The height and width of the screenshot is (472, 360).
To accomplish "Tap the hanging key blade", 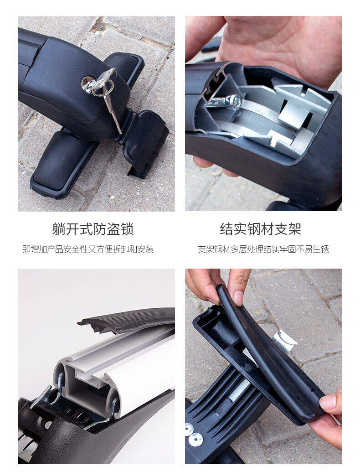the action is click(x=113, y=112).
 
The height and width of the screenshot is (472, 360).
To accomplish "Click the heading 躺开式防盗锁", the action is click(x=93, y=229).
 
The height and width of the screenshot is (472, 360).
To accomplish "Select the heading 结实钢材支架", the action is click(x=260, y=229).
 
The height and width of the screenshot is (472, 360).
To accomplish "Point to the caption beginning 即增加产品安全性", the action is click(x=88, y=249).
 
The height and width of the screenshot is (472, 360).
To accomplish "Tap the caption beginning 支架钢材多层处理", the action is click(x=263, y=249).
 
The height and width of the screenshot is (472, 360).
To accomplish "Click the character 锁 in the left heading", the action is click(x=127, y=229).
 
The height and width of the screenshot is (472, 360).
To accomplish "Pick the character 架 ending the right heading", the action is click(x=294, y=229).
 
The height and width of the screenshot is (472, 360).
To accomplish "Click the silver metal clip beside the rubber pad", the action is click(x=284, y=341).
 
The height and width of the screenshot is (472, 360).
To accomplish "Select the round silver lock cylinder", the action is click(x=87, y=84).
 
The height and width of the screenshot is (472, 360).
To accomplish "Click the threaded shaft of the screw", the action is click(x=216, y=102).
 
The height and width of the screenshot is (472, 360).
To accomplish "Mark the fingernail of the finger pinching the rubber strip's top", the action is click(x=238, y=298).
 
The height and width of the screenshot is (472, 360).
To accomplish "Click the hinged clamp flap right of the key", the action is click(x=144, y=140).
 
